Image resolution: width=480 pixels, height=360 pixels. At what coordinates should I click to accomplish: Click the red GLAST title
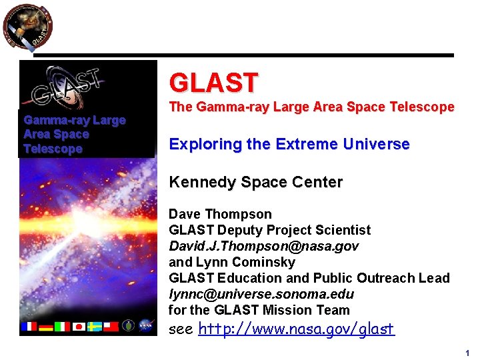tap(213, 83)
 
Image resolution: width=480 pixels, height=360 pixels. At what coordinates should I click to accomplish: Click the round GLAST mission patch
tap(27, 27)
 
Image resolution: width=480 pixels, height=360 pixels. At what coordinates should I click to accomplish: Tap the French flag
tap(29, 327)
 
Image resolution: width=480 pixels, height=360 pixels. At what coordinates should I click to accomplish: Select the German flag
tap(45, 327)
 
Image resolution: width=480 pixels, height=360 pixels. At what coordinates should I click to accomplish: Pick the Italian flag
tap(62, 327)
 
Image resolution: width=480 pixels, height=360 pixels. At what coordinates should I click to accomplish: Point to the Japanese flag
tap(79, 327)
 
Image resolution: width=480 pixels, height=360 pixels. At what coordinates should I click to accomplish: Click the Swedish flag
tap(95, 327)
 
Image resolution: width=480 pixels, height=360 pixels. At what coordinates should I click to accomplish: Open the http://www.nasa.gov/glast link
tap(297, 329)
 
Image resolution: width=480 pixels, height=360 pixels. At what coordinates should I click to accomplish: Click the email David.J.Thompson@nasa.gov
tap(263, 246)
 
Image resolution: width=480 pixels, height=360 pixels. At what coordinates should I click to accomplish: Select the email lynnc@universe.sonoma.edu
tap(261, 294)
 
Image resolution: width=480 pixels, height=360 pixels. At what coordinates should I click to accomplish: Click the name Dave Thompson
tap(220, 214)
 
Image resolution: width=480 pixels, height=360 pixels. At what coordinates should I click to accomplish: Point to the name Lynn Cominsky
tap(237, 262)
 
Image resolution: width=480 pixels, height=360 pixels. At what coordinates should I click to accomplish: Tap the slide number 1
tap(467, 353)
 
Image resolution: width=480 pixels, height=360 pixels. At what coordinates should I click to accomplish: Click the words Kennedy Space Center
tap(255, 182)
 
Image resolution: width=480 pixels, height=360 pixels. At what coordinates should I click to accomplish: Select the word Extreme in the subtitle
tap(313, 144)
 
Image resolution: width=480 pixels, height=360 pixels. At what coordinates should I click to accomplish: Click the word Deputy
tap(241, 230)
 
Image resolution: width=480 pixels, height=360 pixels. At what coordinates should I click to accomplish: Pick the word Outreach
tap(383, 278)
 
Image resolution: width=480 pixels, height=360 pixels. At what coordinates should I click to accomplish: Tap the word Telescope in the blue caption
tap(53, 149)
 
